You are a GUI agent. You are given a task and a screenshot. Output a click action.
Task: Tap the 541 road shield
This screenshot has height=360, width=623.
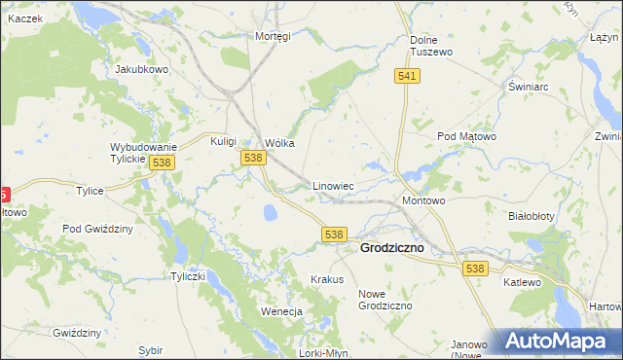point(408,76)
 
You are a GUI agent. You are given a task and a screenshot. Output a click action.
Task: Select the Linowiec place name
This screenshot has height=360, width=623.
point(332,185)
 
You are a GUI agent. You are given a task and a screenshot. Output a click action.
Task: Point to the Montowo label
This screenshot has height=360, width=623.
point(423,200)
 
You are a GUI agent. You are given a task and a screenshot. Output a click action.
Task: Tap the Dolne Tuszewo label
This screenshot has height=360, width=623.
point(430,46)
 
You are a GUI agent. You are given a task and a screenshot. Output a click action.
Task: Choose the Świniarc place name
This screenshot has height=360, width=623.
point(530,87)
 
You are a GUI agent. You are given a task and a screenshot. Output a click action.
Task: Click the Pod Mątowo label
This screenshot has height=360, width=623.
point(466,137)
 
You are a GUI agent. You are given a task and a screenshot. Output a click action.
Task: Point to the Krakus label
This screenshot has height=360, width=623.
point(327,279)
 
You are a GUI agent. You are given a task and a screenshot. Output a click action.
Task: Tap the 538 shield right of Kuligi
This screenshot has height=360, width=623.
point(253,158)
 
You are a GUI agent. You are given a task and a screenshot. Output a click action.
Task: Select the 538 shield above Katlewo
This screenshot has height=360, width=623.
point(475,269)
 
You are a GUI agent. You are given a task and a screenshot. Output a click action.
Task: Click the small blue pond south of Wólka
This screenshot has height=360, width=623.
point(270,211)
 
